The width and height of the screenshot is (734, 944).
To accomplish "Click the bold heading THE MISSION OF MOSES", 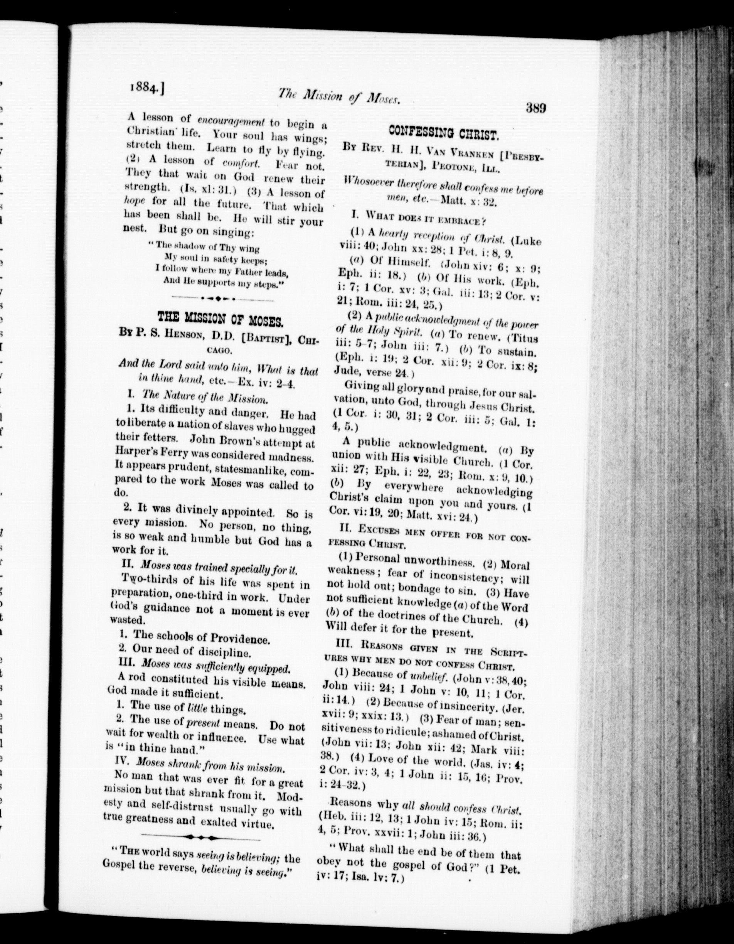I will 221,320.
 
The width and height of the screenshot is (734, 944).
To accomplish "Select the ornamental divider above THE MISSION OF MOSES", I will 222,298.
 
